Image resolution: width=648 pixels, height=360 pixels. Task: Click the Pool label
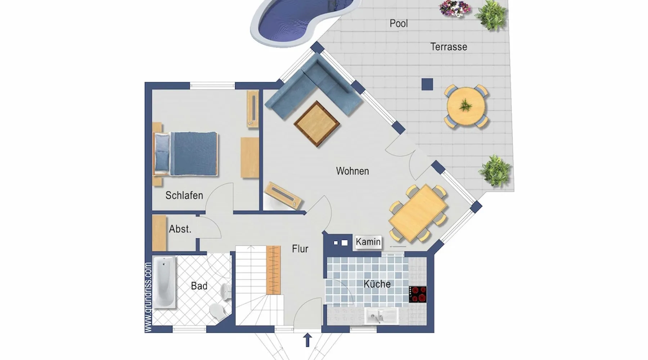coord(399,23)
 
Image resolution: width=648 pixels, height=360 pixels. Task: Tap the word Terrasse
coord(449,47)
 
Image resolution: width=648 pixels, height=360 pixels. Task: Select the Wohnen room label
coord(352,171)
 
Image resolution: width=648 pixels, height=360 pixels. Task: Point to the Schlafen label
coord(184,195)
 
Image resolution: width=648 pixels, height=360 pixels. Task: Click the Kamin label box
coord(368,242)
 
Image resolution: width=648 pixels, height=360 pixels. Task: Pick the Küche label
coord(377,284)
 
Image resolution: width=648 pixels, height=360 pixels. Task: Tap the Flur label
coord(300,249)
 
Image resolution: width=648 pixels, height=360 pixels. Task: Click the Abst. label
coord(180,229)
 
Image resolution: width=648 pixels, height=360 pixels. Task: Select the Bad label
coord(199,286)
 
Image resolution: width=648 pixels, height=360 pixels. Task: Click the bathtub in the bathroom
coord(165,282)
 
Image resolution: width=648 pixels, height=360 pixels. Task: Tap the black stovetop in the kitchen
coord(418,294)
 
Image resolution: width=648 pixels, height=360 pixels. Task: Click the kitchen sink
coord(381,316)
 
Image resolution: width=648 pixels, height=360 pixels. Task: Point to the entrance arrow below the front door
coord(307,340)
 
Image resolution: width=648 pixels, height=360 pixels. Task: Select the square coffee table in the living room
coord(317,124)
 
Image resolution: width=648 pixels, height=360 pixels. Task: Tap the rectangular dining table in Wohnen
coord(418,212)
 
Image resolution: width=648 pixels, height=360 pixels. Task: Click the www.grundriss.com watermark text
coord(148,297)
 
